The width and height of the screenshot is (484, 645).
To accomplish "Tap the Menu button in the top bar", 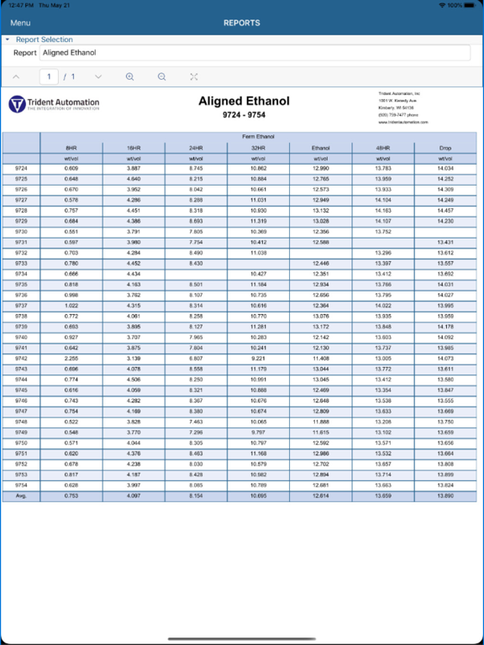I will click(x=19, y=23).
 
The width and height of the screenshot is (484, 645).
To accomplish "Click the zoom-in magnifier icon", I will click(x=130, y=76).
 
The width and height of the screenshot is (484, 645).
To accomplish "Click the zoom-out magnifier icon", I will click(x=162, y=76).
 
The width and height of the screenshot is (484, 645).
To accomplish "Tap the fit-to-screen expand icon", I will click(x=194, y=76).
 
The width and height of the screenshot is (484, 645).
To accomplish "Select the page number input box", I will click(x=50, y=76).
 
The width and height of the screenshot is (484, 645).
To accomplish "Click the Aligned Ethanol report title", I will click(x=244, y=102).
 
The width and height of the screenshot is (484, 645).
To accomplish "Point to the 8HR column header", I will click(x=71, y=147).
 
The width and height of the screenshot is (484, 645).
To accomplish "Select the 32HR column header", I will click(x=259, y=147).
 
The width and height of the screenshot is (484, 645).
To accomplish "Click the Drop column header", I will click(x=445, y=147).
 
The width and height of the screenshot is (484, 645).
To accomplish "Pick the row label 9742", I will click(x=21, y=358).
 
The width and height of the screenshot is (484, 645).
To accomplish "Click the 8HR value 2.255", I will click(x=71, y=358).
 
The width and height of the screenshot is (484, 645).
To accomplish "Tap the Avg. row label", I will click(x=21, y=496).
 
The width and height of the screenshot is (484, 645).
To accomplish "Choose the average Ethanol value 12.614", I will click(x=321, y=496).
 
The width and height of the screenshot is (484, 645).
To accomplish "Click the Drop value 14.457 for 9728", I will click(x=445, y=211).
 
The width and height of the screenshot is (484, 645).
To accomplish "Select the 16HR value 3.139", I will click(x=134, y=358).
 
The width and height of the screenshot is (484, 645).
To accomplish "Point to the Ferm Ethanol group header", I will click(x=259, y=136).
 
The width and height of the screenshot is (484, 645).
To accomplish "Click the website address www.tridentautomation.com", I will click(x=402, y=123).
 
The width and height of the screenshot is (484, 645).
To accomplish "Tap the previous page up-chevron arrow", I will click(x=16, y=76).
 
